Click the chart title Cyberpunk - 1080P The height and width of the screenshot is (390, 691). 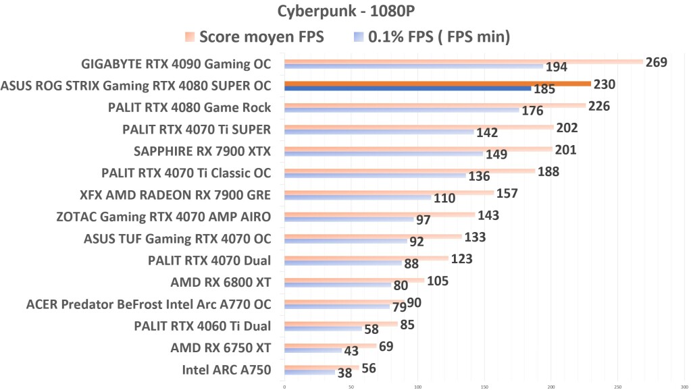pos(345,11)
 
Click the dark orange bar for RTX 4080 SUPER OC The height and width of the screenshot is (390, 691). pos(437,84)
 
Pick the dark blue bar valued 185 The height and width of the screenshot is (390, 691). pos(407,88)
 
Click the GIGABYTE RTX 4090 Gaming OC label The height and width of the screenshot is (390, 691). pos(176,64)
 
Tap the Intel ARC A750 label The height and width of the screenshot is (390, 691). pos(226,370)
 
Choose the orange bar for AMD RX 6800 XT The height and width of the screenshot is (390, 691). pos(354,280)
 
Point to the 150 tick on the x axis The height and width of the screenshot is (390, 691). pos(484,387)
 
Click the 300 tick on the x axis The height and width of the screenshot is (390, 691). pos(683,387)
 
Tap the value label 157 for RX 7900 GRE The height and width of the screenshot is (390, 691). pos(506,194)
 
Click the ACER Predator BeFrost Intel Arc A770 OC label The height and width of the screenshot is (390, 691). pos(149,304)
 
